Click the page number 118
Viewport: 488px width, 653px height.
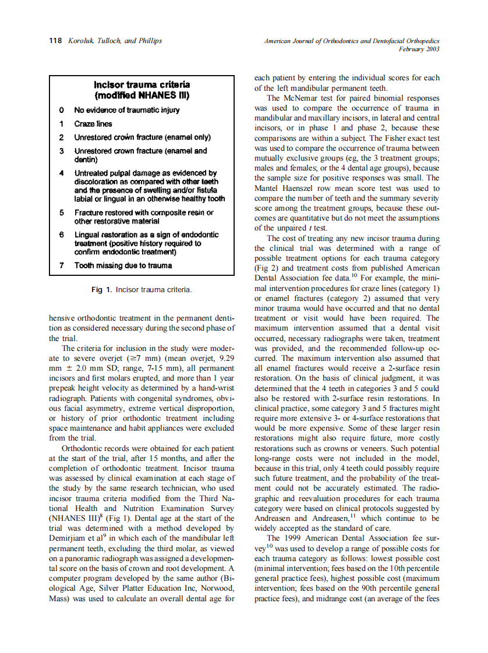click(x=56, y=41)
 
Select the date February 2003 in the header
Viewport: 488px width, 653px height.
click(x=419, y=49)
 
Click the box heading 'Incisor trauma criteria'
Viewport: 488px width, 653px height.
click(x=142, y=85)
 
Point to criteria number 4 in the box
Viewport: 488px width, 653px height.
click(x=61, y=173)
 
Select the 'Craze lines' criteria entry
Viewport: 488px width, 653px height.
click(x=93, y=124)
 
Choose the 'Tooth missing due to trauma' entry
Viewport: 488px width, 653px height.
click(x=123, y=266)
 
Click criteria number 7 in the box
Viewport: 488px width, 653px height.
click(x=61, y=266)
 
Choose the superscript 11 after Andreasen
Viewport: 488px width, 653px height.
click(x=353, y=515)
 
